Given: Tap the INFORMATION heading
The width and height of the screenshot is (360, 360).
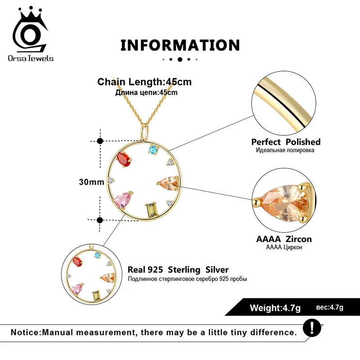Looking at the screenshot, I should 180,45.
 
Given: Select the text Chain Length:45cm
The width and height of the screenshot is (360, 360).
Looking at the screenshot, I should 144,82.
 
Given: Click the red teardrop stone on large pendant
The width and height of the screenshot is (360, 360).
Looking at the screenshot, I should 123,159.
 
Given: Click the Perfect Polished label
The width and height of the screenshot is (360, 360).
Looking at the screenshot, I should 286,142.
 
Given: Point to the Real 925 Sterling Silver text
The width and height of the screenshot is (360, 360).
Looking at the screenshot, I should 178,270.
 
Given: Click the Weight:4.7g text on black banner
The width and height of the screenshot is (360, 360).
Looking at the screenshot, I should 275,308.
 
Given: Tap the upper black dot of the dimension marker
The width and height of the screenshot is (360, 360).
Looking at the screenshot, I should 100,141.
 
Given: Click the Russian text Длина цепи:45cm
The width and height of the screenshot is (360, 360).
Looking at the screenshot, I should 146,93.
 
